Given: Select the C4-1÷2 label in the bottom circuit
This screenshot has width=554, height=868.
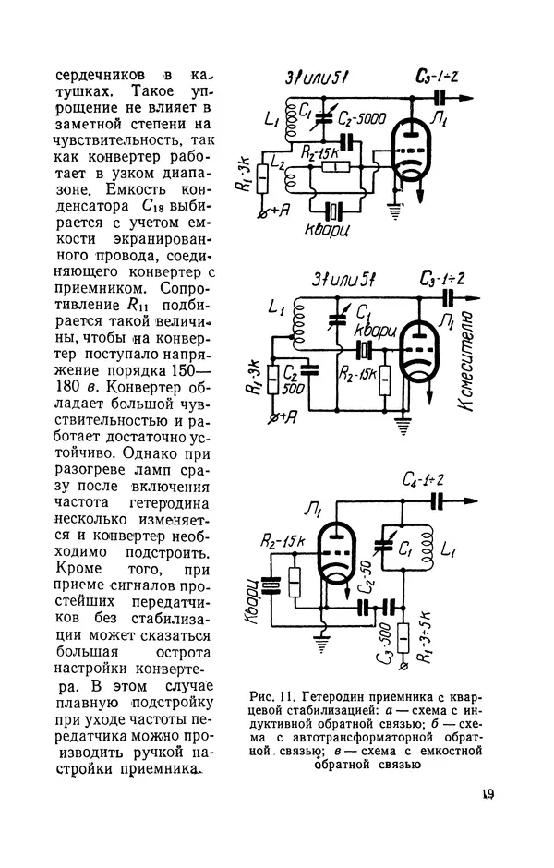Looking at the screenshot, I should click(424, 480).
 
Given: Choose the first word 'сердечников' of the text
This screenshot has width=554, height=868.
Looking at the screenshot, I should click(99, 74).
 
